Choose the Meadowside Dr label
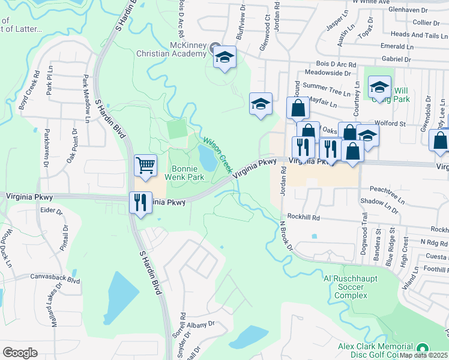327,73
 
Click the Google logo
20,352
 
